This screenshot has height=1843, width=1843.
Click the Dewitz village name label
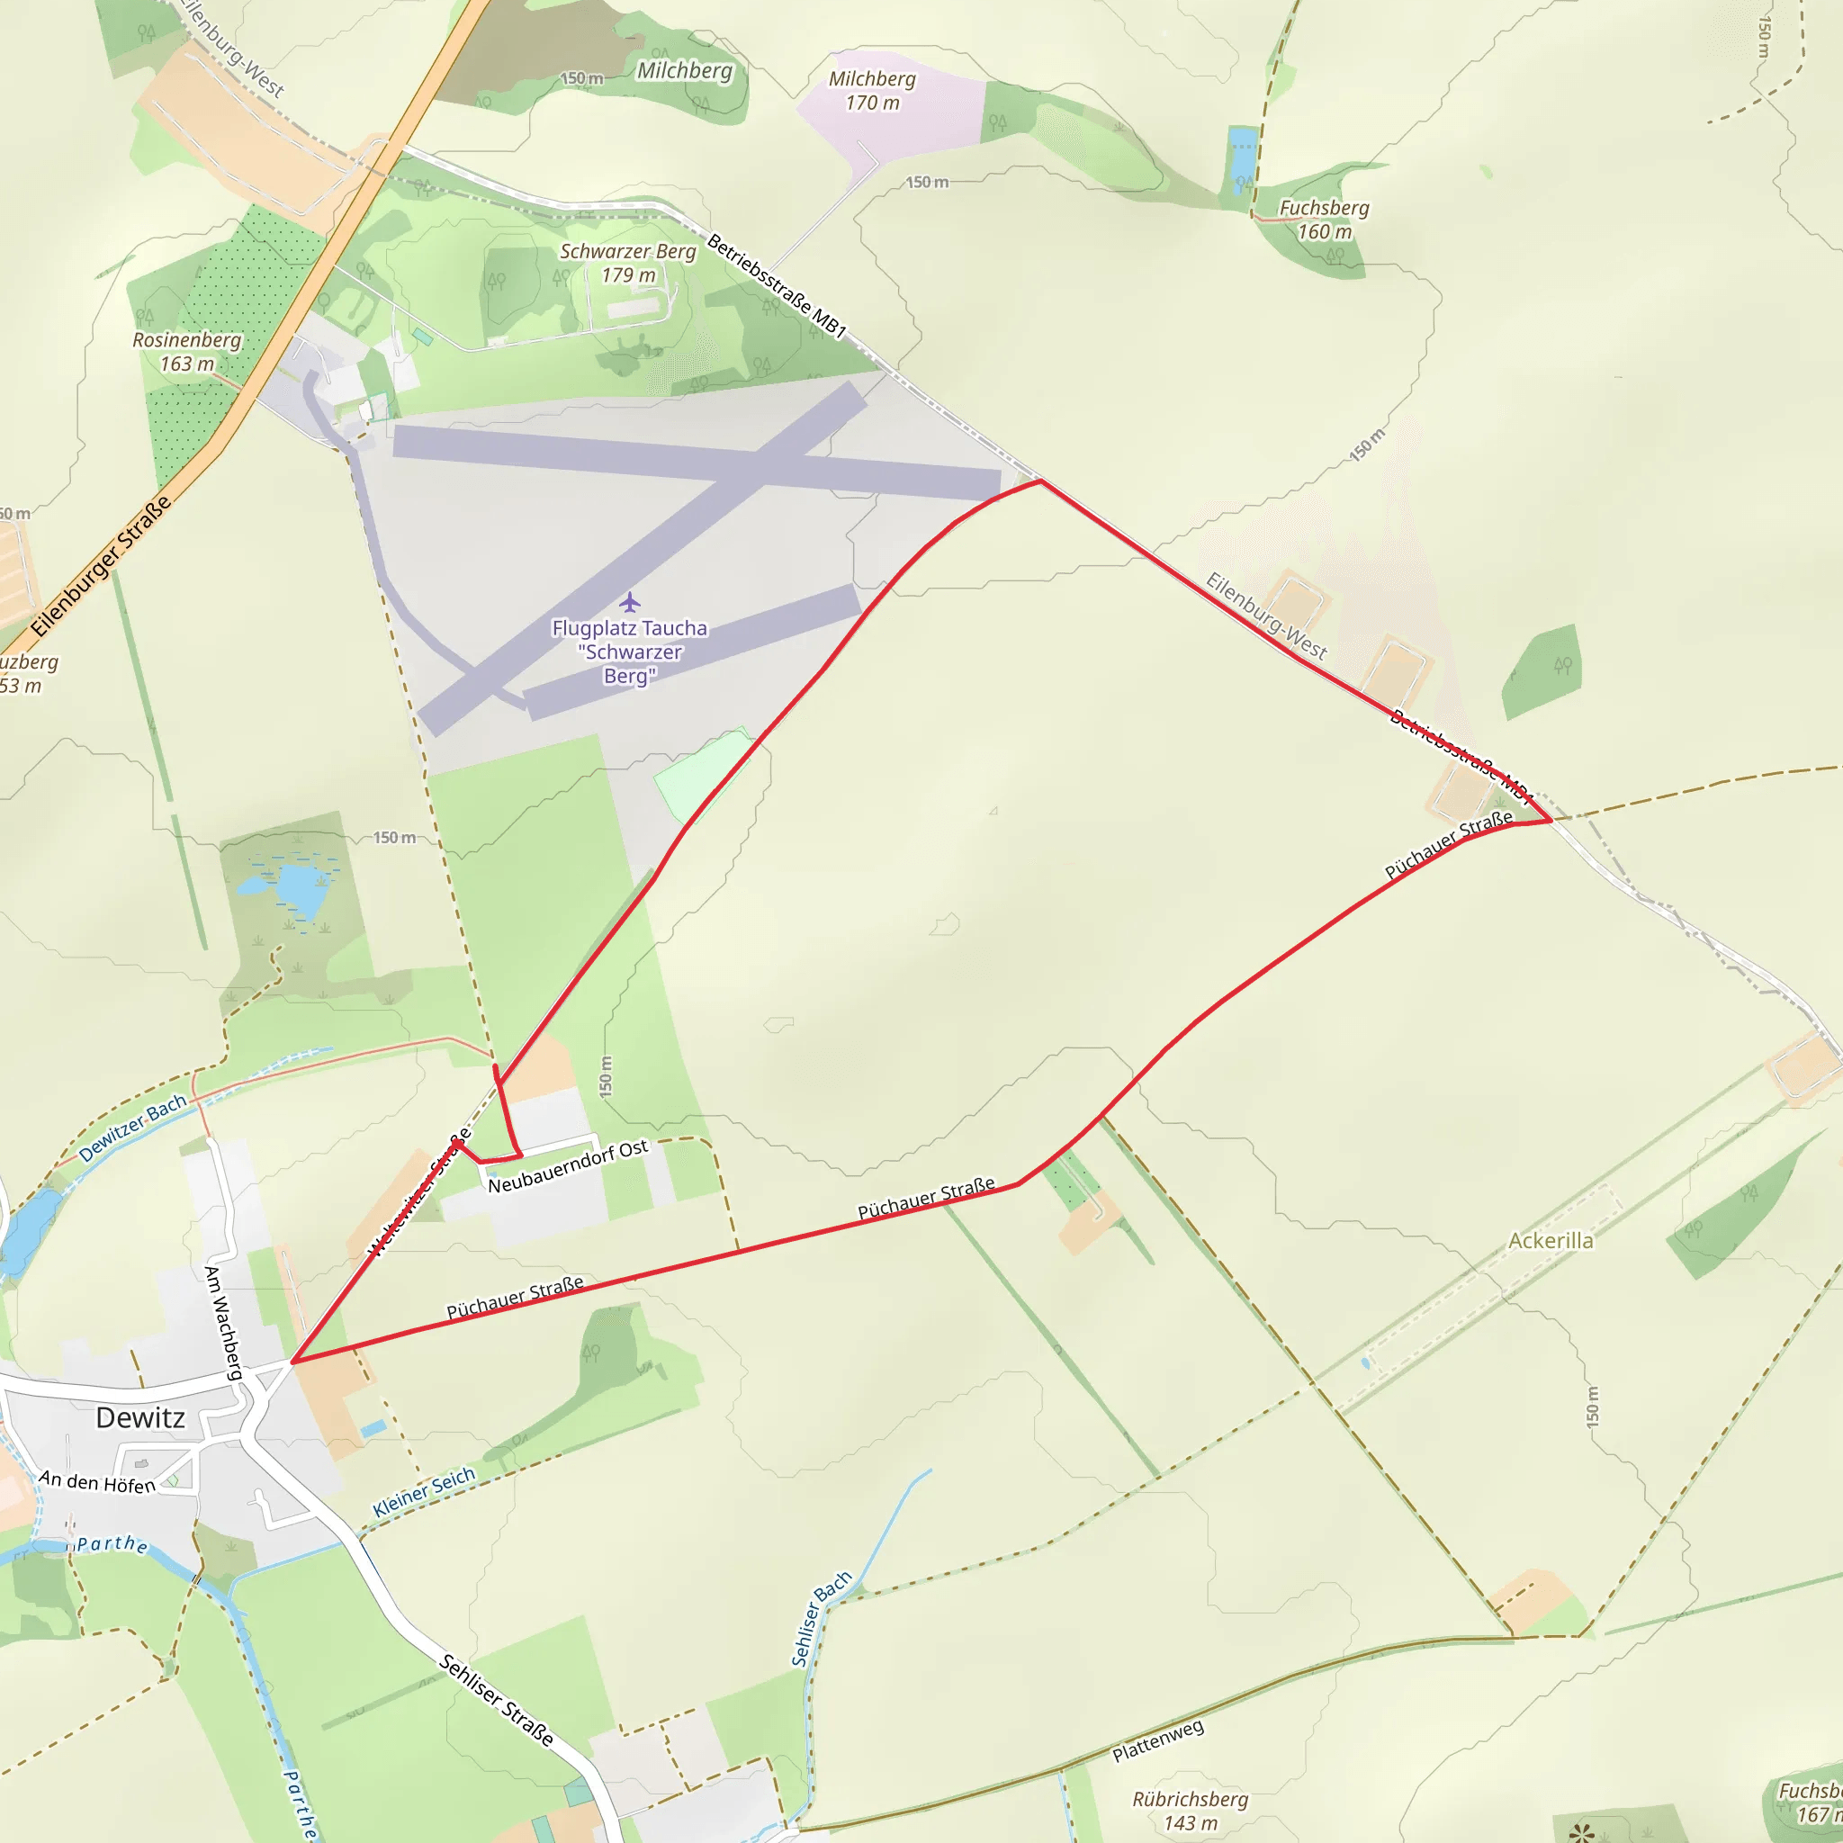pos(140,1417)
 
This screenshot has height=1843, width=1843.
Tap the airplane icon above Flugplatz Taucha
pos(630,602)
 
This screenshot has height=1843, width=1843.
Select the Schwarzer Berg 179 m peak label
pos(628,264)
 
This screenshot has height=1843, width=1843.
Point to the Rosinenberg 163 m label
pos(187,352)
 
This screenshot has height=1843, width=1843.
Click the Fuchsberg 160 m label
pos(1324,220)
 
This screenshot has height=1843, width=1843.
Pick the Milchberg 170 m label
pos(872,91)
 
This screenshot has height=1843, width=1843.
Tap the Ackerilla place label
pos(1551,1241)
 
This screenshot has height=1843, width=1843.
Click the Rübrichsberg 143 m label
pos(1190,1811)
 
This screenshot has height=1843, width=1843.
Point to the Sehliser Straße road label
pos(496,1700)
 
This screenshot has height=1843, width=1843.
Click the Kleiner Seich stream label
pos(424,1492)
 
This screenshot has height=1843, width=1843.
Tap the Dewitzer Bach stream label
pos(132,1128)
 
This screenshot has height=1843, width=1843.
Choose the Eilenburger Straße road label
pos(101,566)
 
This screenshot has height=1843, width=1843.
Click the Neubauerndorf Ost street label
pos(568,1165)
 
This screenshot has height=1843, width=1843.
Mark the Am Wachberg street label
pos(223,1322)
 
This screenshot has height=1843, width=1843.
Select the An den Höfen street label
pos(97,1481)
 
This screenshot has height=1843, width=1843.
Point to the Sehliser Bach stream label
pos(821,1619)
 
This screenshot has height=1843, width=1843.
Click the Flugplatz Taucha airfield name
pos(630,652)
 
